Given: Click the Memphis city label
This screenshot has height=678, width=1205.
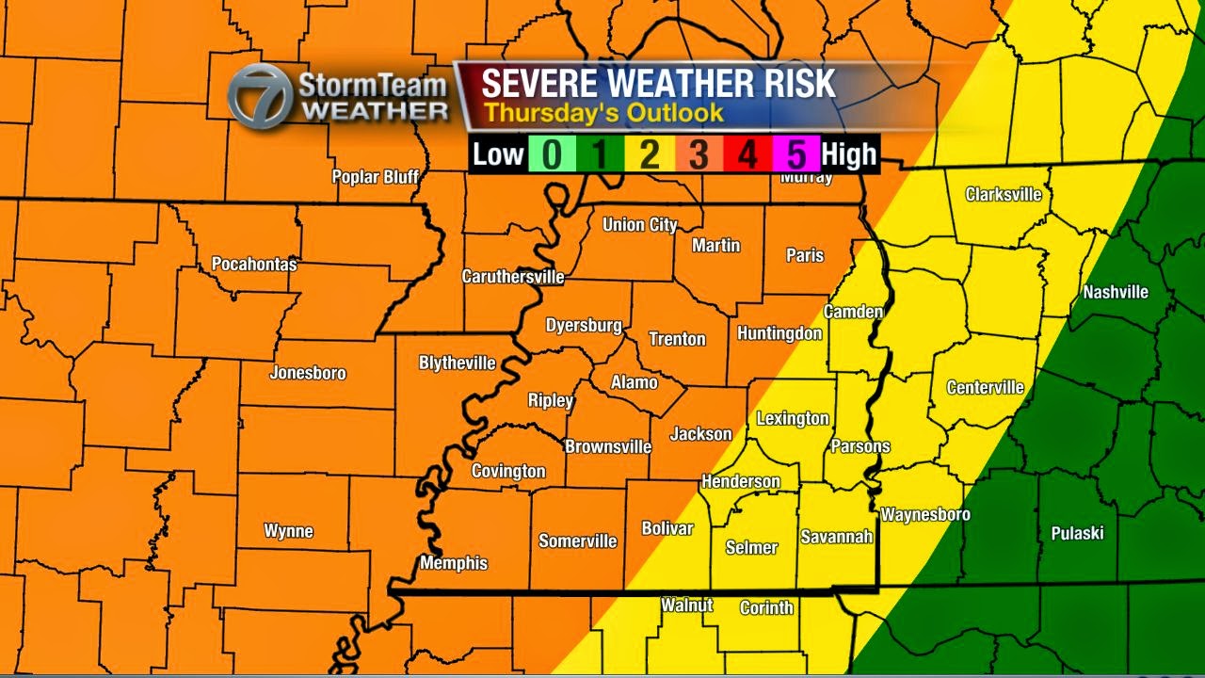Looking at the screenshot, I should pyautogui.click(x=453, y=563).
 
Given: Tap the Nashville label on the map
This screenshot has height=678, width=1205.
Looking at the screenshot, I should pyautogui.click(x=1116, y=292).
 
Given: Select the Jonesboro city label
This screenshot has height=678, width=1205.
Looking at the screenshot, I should pyautogui.click(x=308, y=373).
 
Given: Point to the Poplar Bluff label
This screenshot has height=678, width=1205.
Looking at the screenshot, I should pyautogui.click(x=375, y=177).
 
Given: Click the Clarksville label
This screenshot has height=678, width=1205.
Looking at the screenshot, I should pyautogui.click(x=1004, y=195).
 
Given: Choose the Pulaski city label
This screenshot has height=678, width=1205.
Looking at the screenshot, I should pyautogui.click(x=1077, y=534).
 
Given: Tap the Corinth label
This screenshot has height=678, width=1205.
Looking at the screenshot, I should pyautogui.click(x=766, y=608).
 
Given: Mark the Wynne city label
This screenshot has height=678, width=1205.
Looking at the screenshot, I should pyautogui.click(x=288, y=531).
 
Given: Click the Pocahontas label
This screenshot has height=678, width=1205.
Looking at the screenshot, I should pyautogui.click(x=253, y=264).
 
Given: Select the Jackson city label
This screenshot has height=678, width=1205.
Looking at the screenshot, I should pyautogui.click(x=700, y=434).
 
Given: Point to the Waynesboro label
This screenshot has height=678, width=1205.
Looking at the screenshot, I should pyautogui.click(x=924, y=515).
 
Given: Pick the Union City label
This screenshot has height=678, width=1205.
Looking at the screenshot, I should pyautogui.click(x=639, y=224).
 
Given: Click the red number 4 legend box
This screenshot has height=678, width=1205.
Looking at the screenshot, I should pyautogui.click(x=747, y=154).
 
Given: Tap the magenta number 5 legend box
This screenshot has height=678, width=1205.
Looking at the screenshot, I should pyautogui.click(x=796, y=154).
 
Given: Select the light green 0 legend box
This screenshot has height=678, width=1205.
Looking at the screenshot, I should pyautogui.click(x=552, y=154).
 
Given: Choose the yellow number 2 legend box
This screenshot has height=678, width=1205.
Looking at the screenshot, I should pyautogui.click(x=650, y=154).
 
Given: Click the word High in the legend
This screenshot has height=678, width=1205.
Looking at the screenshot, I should pyautogui.click(x=848, y=154).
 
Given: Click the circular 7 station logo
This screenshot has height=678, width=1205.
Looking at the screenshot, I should pyautogui.click(x=261, y=96).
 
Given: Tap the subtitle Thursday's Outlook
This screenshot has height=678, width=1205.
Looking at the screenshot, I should pyautogui.click(x=603, y=114).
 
